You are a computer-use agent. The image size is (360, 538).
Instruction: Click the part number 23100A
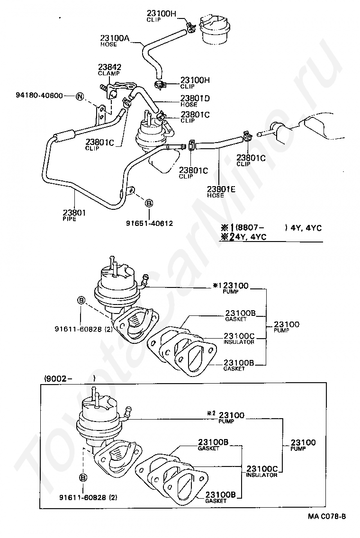pyautogui.click(x=115, y=37)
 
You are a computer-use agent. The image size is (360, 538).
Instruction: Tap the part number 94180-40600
pyautogui.click(x=39, y=96)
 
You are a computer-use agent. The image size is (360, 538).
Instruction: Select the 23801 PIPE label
pyautogui.click(x=74, y=215)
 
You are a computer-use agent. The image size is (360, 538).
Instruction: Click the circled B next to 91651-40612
pyautogui.click(x=148, y=203)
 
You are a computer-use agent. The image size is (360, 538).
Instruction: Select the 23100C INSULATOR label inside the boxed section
pyautogui.click(x=262, y=470)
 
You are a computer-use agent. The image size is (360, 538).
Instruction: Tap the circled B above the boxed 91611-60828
pyautogui.click(x=82, y=478)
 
